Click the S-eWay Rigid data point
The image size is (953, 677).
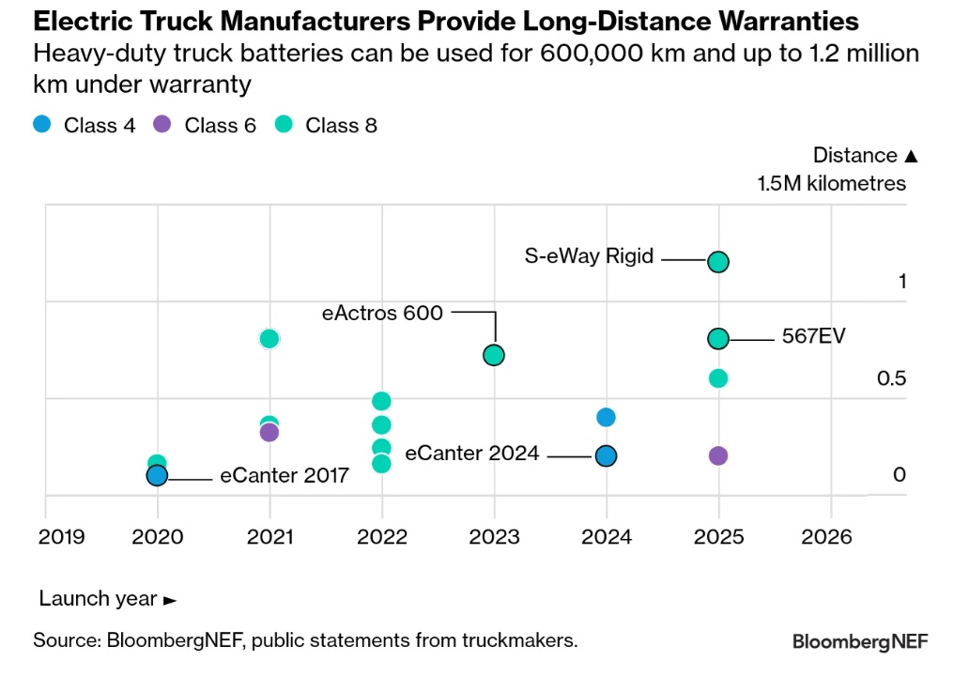coord(718,261)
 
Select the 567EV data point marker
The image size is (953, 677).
coord(718,339)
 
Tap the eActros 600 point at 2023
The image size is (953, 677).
coord(494,355)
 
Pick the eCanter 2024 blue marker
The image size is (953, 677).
coord(607,455)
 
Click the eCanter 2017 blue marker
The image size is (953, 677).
coord(157,475)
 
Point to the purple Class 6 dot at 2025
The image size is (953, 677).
coord(718,455)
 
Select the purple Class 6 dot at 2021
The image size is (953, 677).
coord(269,432)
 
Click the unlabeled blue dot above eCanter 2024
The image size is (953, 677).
coord(607,417)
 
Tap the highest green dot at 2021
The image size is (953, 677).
coord(269,339)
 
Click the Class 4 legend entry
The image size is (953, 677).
coord(85,125)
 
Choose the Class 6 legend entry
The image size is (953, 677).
coord(206,125)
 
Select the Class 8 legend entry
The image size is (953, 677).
coord(327,125)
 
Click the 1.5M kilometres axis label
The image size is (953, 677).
coord(832,183)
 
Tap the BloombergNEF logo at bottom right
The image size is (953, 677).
coord(860,642)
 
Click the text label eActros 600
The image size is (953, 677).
coord(382,313)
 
